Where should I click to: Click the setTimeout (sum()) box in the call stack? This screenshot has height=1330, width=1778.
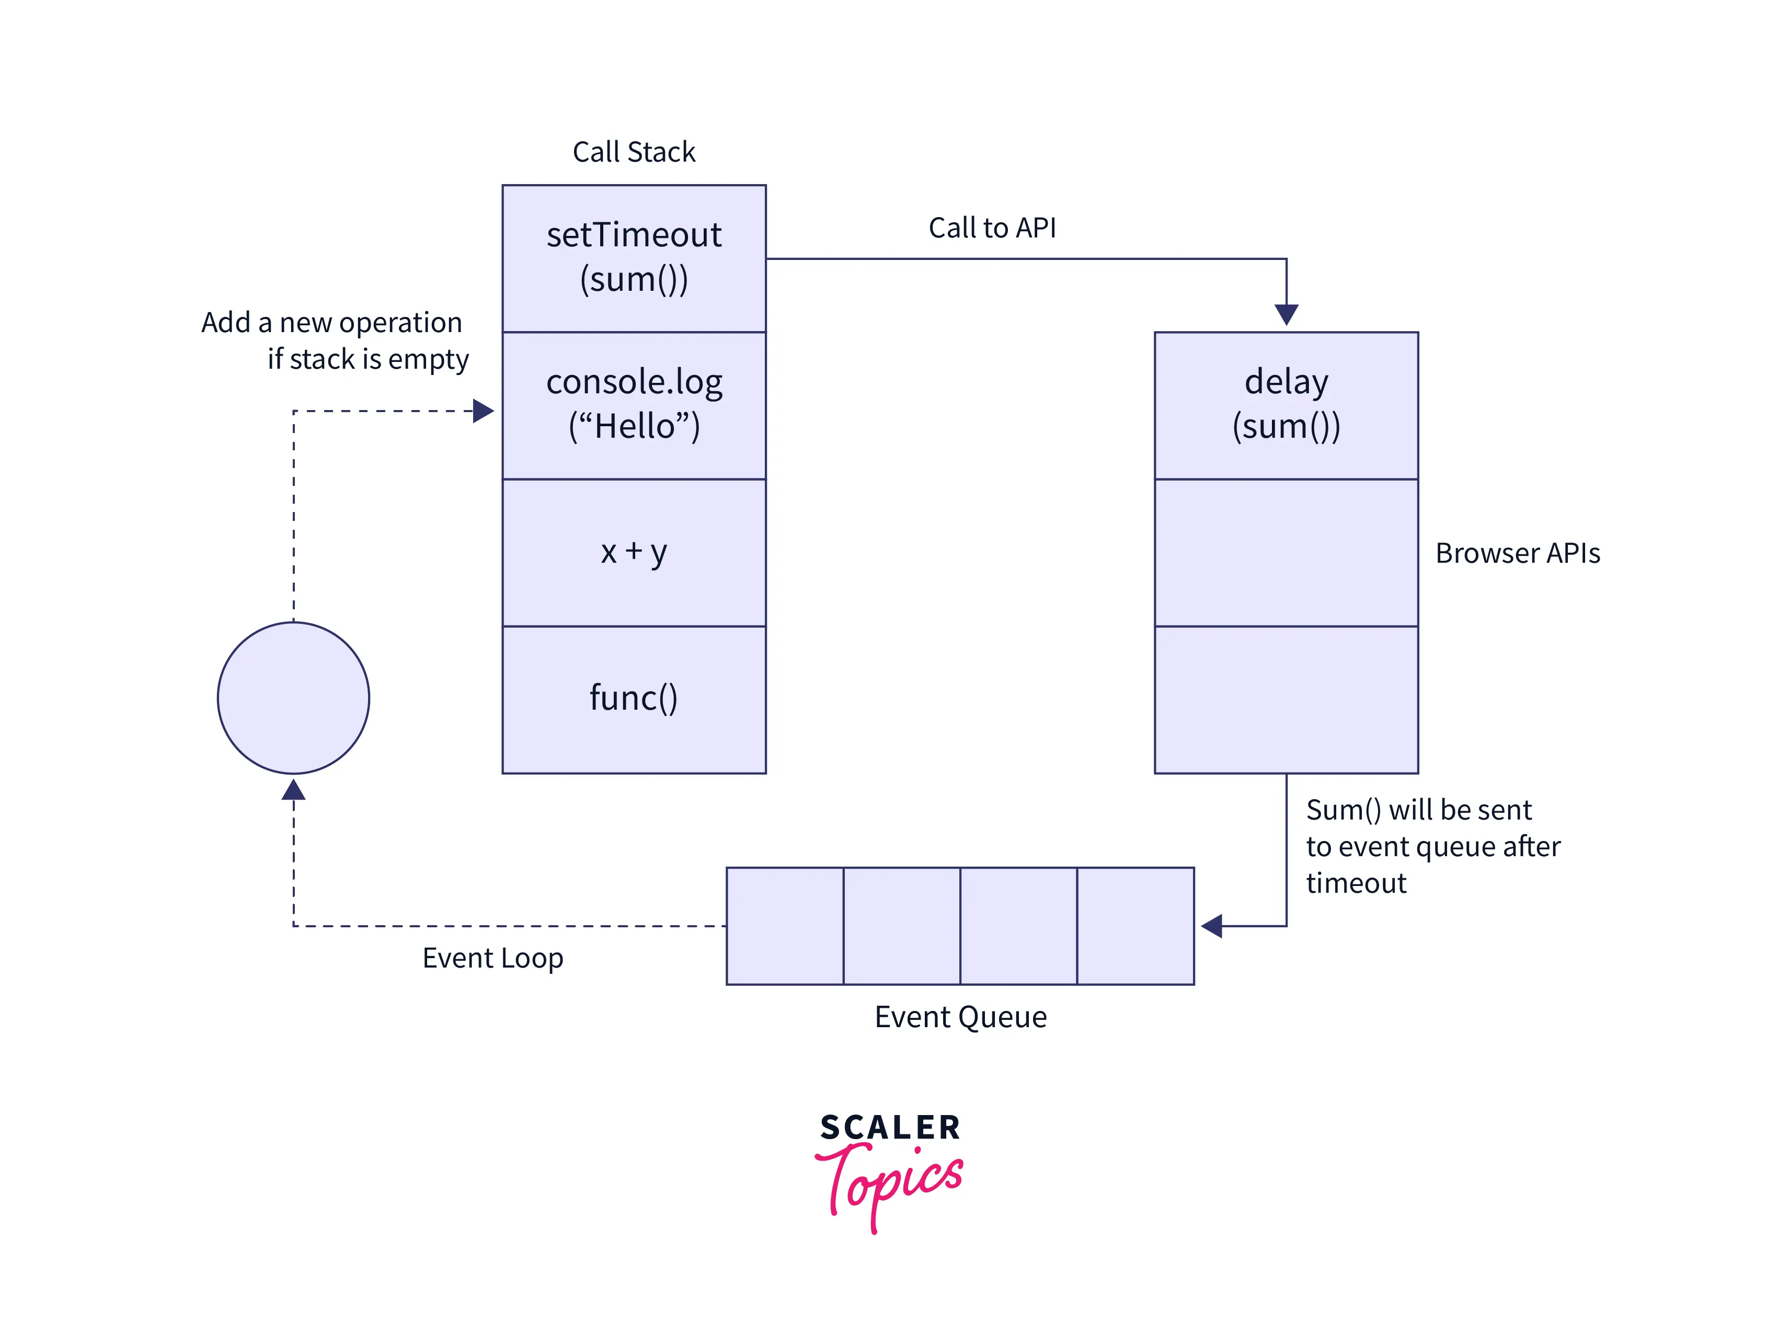(x=634, y=258)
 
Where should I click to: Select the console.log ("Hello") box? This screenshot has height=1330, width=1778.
(x=634, y=404)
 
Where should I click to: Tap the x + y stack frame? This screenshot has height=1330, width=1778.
(x=634, y=552)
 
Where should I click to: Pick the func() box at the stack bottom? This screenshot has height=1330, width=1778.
(x=634, y=699)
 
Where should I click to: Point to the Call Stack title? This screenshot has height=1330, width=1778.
(x=634, y=152)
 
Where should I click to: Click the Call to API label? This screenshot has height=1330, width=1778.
(x=992, y=228)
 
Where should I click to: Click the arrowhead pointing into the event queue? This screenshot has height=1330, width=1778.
(x=1211, y=926)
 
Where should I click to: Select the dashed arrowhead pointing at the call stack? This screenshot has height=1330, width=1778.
(x=483, y=411)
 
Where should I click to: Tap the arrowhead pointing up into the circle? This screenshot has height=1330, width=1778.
(x=293, y=790)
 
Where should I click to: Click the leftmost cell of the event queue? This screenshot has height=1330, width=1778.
(x=785, y=926)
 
